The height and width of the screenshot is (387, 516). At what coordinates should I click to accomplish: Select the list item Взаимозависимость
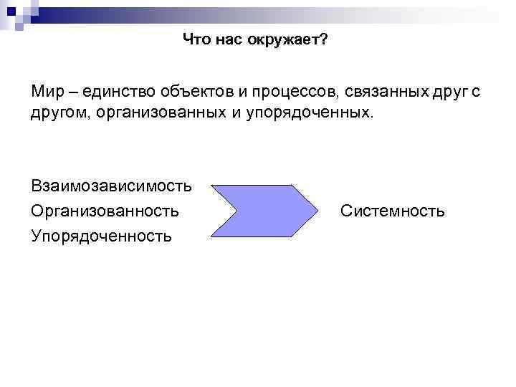point(111,186)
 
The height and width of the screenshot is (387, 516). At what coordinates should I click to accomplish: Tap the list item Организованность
point(105,211)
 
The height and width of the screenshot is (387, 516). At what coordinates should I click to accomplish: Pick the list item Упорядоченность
point(101,235)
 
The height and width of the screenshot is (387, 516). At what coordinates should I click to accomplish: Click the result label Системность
point(393,211)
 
